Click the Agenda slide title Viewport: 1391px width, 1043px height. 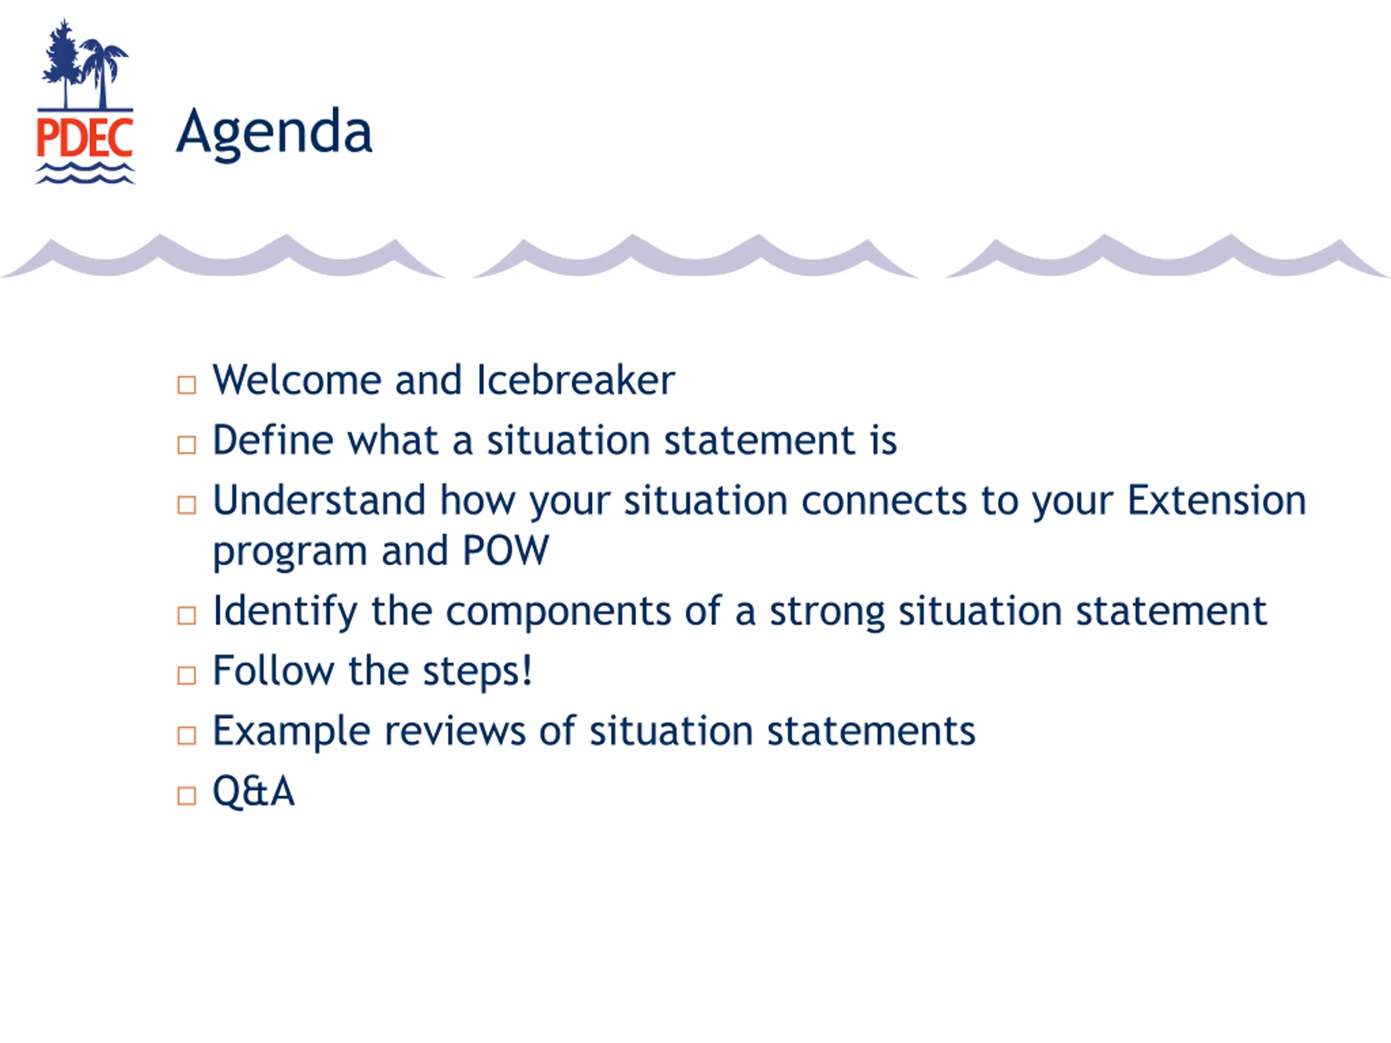point(274,133)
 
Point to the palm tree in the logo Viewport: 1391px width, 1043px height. point(104,74)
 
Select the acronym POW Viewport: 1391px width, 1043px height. point(505,551)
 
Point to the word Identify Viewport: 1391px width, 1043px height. point(285,612)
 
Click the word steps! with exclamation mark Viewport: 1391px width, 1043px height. point(477,671)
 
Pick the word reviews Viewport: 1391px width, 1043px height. point(455,732)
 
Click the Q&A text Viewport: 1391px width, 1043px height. point(253,791)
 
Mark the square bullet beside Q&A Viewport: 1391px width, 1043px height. point(187,796)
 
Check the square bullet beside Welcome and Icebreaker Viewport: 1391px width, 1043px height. point(187,385)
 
